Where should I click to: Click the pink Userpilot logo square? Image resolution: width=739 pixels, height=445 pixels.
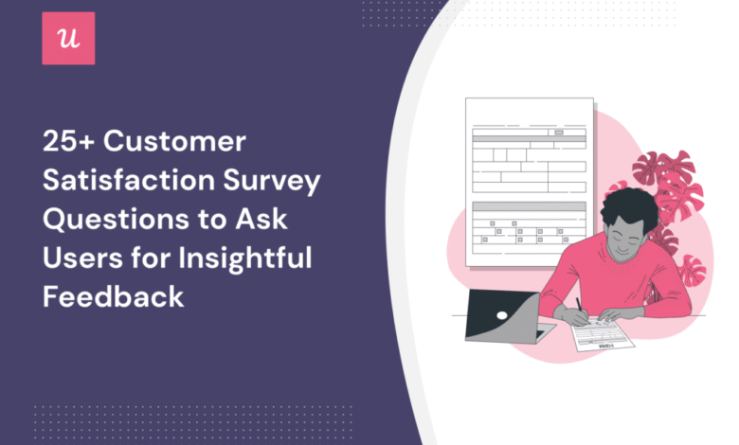(x=68, y=38)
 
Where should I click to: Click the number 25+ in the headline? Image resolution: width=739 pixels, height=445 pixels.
(x=69, y=141)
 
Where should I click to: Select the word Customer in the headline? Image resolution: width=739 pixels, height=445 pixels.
(x=174, y=141)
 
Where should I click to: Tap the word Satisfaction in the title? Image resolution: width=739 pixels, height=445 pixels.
(x=129, y=180)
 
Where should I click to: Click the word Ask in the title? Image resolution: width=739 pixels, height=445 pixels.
(x=261, y=219)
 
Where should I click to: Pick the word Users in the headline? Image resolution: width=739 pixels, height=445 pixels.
(x=82, y=258)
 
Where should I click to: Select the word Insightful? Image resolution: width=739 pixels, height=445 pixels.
(x=245, y=259)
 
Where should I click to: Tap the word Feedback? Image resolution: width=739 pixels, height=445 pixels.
(x=113, y=296)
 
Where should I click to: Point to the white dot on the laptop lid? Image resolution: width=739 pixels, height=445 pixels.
(x=502, y=315)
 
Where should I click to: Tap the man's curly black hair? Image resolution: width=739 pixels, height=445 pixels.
(x=628, y=207)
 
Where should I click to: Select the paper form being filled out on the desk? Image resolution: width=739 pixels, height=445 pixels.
(x=604, y=333)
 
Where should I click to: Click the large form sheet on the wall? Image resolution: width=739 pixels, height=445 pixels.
(x=530, y=182)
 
